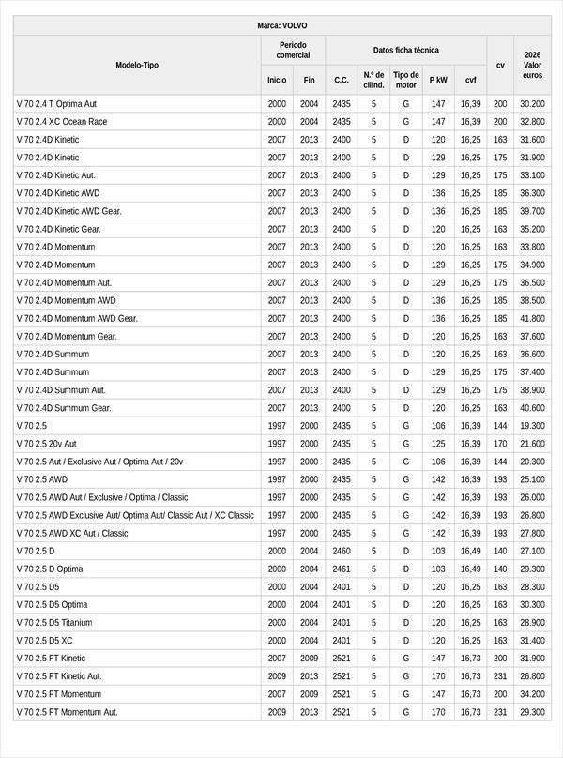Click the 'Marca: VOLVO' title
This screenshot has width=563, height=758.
click(x=281, y=25)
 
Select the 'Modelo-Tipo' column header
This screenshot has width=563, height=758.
click(x=137, y=65)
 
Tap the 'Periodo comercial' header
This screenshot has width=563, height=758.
click(x=294, y=50)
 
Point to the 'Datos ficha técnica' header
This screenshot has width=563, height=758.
click(x=405, y=50)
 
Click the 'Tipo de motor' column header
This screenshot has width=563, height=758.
click(x=406, y=79)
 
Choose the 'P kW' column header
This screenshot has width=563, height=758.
click(x=438, y=80)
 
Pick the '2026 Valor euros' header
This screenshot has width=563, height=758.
click(x=532, y=65)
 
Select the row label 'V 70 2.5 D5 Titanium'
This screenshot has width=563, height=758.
click(x=58, y=622)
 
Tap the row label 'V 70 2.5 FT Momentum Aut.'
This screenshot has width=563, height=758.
click(x=67, y=712)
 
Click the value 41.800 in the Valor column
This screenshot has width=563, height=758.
click(x=532, y=318)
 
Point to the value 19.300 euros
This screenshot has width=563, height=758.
click(x=532, y=426)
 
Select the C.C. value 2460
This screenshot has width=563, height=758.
click(x=342, y=551)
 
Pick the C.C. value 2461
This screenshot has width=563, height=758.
click(x=342, y=568)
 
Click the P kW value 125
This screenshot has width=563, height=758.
click(x=438, y=444)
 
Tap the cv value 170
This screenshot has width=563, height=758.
click(x=500, y=444)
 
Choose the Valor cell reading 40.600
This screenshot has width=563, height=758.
click(x=532, y=408)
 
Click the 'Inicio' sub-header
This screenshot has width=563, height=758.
click(x=277, y=80)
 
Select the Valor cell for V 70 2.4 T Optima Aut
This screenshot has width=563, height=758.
click(x=532, y=103)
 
